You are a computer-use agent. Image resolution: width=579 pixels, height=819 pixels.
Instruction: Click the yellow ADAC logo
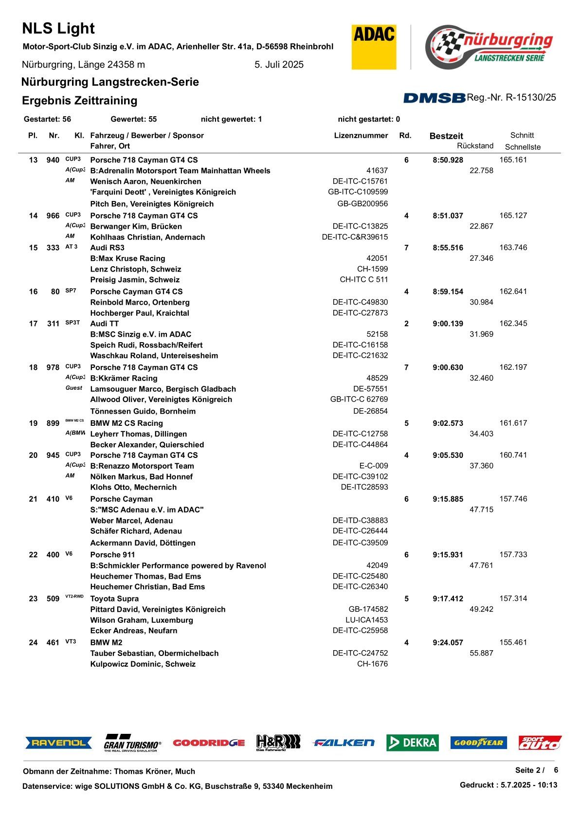click(374, 47)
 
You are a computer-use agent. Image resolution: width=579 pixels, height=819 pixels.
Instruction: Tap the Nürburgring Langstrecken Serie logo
click(489, 47)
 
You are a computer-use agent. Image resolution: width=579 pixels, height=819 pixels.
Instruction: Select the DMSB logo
click(434, 98)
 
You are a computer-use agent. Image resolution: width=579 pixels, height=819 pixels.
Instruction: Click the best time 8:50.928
click(448, 160)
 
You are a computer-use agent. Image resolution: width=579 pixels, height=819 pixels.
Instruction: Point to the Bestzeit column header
click(446, 136)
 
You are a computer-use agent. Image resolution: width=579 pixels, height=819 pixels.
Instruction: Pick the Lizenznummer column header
click(361, 136)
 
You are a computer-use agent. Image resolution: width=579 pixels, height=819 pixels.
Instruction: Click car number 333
click(53, 248)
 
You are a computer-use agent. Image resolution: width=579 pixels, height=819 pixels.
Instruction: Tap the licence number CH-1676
click(372, 664)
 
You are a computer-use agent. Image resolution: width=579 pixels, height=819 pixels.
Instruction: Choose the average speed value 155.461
click(513, 642)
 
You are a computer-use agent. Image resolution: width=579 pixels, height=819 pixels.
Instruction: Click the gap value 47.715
click(481, 510)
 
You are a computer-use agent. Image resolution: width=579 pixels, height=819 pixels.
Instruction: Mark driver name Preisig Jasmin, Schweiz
click(135, 280)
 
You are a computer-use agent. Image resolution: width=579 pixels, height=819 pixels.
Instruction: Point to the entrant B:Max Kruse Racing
click(127, 258)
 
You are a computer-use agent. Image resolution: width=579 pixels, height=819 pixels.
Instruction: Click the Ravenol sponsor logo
click(58, 743)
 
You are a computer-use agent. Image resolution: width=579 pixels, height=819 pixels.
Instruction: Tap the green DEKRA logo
click(412, 743)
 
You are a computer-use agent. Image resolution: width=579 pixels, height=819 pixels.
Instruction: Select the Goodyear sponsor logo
click(478, 743)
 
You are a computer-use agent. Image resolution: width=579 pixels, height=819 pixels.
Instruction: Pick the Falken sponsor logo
click(344, 743)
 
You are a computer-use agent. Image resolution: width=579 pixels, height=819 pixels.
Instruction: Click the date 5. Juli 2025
click(279, 65)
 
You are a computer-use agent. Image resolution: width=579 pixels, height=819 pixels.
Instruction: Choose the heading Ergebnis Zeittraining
click(79, 101)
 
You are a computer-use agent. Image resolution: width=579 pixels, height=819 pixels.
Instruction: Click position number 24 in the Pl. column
click(33, 642)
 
